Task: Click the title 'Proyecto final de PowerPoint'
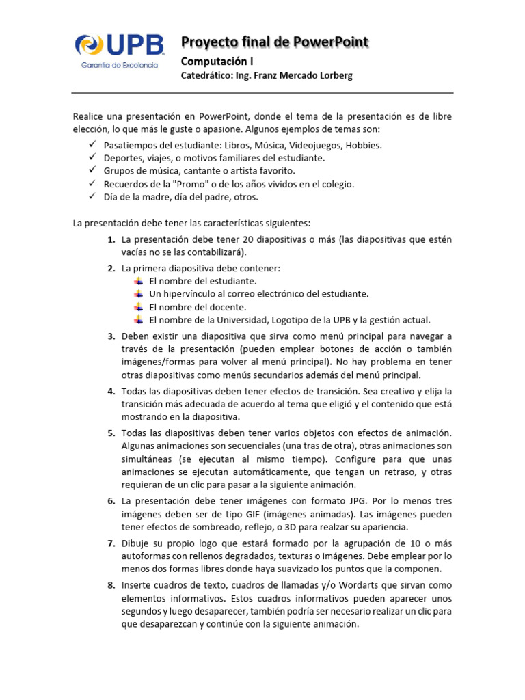click(x=274, y=42)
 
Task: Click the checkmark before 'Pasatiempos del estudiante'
click(x=92, y=145)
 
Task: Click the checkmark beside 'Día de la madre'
click(x=92, y=197)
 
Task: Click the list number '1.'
click(x=111, y=239)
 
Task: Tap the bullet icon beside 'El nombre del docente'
click(x=139, y=306)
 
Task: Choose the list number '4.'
click(x=111, y=391)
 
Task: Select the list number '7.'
click(x=111, y=543)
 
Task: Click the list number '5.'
click(x=111, y=433)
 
